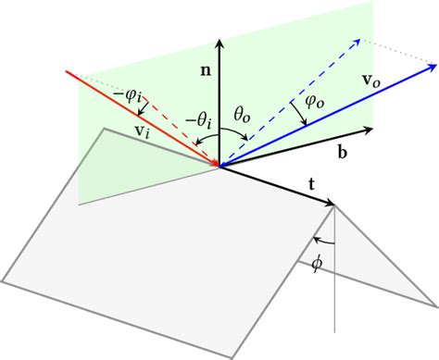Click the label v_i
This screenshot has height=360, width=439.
pyautogui.click(x=143, y=132)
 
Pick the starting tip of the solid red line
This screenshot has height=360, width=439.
pyautogui.click(x=65, y=70)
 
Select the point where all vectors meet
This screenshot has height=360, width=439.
pyautogui.click(x=219, y=167)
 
